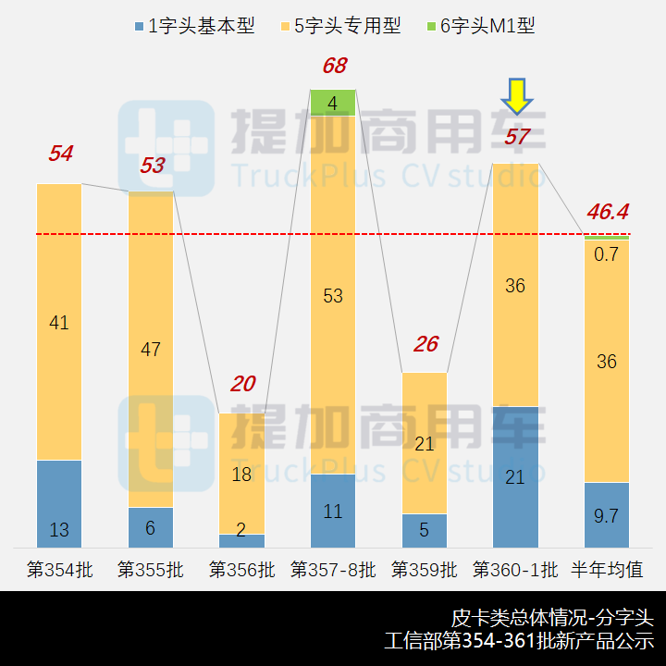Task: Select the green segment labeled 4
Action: [x=333, y=103]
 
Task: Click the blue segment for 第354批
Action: [x=59, y=503]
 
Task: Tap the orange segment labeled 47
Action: [x=151, y=350]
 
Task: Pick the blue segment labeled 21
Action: [x=515, y=476]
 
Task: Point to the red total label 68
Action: [x=334, y=66]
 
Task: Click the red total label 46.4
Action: [x=607, y=213]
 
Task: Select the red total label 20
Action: [x=242, y=384]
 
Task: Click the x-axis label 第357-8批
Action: [x=333, y=569]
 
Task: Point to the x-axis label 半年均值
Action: [x=607, y=569]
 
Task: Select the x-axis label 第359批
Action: [x=425, y=569]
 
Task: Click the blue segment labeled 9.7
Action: [x=607, y=514]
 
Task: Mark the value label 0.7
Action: [x=607, y=254]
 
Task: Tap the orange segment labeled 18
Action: [x=242, y=474]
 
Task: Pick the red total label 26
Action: [x=425, y=344]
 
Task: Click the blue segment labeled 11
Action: [x=333, y=510]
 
